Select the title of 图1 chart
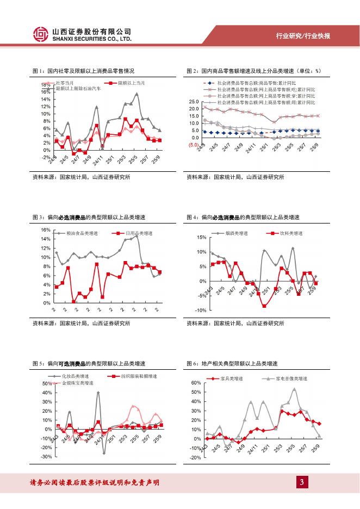(x=83, y=71)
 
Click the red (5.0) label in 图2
(x=193, y=145)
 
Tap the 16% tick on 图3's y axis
(x=46, y=230)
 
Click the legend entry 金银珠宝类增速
(x=78, y=383)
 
